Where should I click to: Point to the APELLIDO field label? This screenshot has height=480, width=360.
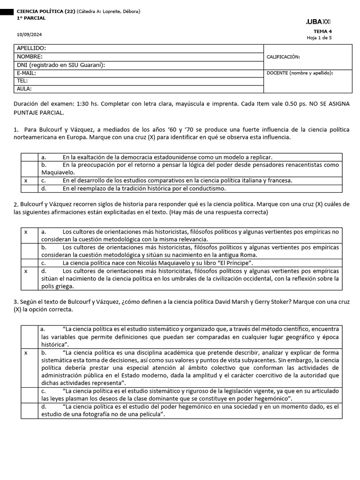pyautogui.click(x=31, y=48)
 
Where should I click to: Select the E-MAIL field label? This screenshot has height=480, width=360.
pyautogui.click(x=26, y=73)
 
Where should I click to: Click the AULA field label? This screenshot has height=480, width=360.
pyautogui.click(x=24, y=89)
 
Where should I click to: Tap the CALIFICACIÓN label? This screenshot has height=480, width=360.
pyautogui.click(x=283, y=57)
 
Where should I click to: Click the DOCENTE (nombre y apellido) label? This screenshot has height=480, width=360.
pyautogui.click(x=300, y=73)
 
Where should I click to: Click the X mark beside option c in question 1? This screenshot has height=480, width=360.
pyautogui.click(x=26, y=180)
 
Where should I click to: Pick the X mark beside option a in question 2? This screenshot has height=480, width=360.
pyautogui.click(x=26, y=232)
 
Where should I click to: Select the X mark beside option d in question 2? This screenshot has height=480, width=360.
pyautogui.click(x=26, y=271)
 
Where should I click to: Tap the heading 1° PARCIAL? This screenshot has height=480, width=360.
pyautogui.click(x=31, y=18)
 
